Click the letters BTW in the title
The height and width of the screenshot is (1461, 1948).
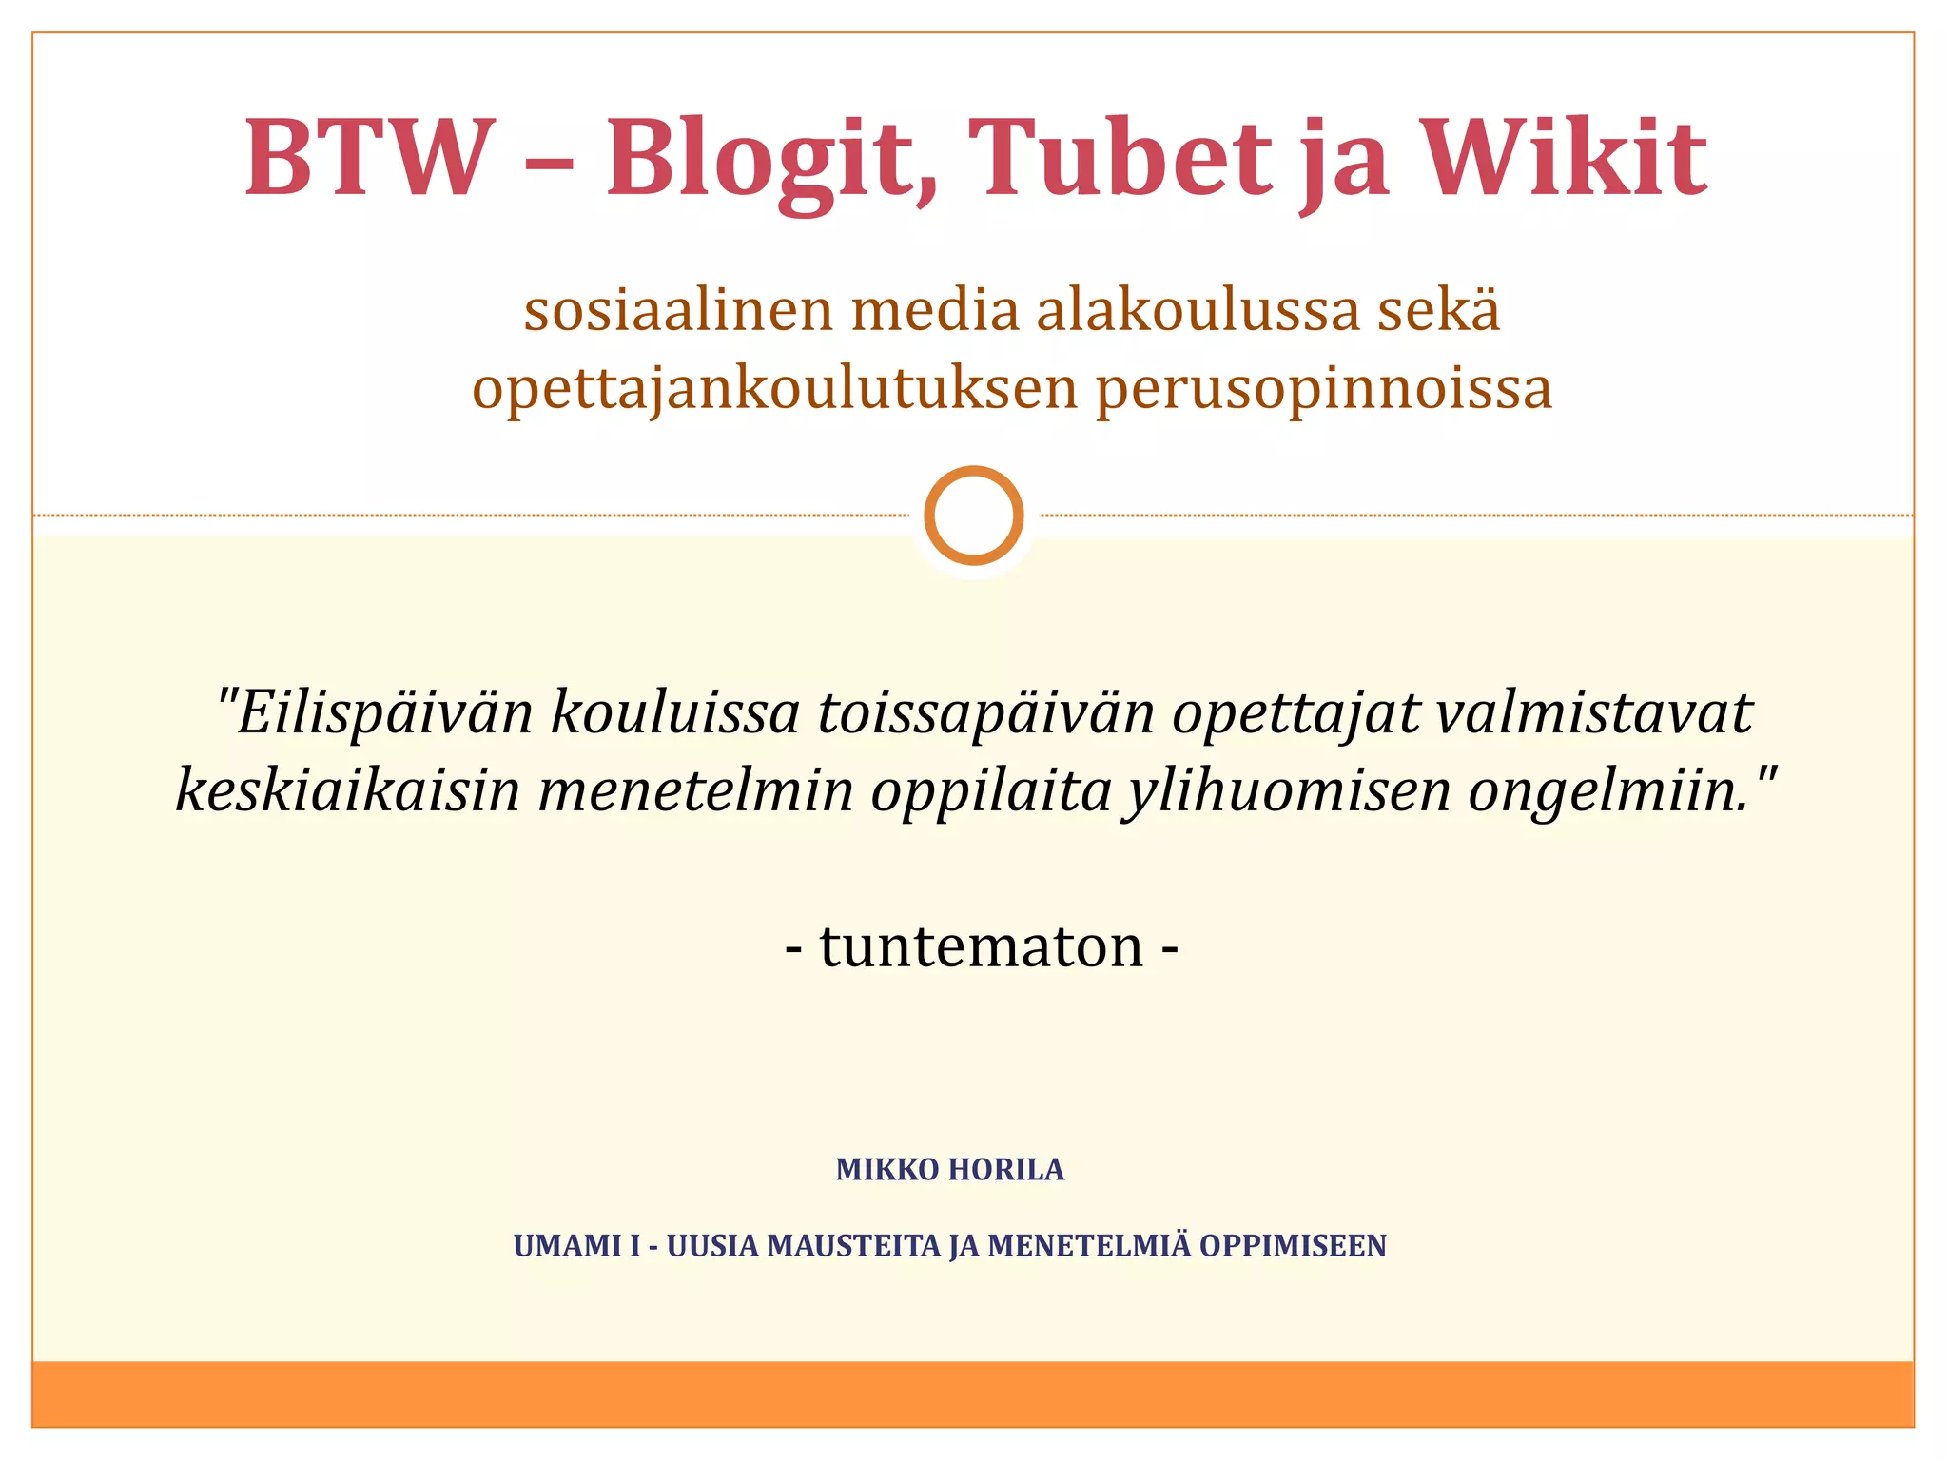coord(370,158)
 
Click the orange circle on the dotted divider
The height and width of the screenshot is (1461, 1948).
coord(974,516)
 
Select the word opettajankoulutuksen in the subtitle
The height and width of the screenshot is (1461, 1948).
coord(775,389)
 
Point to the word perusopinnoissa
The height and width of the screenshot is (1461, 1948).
coord(1324,389)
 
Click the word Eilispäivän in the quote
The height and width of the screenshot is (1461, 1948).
coord(385,713)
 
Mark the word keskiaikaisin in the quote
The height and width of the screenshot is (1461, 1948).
coord(348,790)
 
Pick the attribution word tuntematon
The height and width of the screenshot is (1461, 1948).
coord(982,947)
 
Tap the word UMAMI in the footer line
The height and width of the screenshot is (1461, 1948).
coord(567,1246)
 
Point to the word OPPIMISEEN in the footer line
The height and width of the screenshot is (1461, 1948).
coord(1293,1246)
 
